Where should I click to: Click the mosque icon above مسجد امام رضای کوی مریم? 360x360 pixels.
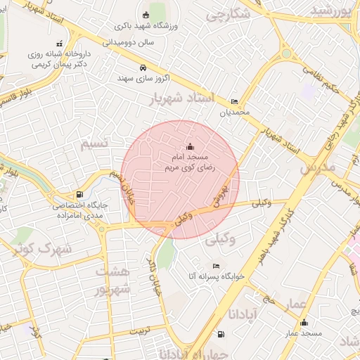(189, 147)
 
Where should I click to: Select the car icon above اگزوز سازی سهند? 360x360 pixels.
(143, 68)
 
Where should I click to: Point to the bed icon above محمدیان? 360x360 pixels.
(234, 102)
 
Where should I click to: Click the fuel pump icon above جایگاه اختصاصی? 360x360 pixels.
(79, 195)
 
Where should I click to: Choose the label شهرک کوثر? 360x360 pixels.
(33, 247)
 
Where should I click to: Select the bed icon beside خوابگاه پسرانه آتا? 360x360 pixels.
(216, 266)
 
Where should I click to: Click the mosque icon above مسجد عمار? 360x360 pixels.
(304, 323)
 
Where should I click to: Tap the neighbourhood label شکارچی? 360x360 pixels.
(229, 13)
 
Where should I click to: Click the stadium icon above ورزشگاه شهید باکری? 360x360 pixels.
(146, 15)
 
